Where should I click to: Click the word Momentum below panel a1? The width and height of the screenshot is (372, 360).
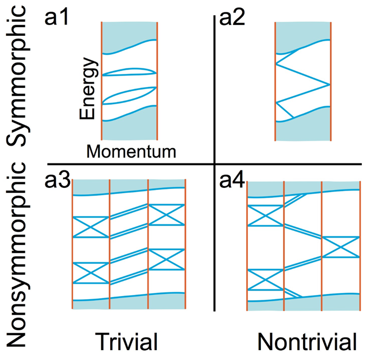tap(131, 151)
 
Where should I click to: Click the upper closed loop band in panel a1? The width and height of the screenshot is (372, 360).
tap(129, 71)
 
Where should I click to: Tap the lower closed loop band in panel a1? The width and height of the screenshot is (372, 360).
tap(129, 94)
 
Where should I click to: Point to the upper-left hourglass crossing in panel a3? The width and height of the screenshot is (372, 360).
tap(91, 226)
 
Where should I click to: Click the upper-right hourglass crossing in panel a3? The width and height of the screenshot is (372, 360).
tap(166, 214)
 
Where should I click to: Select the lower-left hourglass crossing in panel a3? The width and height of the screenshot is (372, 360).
tap(91, 273)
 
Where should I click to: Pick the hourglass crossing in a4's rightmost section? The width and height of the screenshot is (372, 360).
tap(341, 247)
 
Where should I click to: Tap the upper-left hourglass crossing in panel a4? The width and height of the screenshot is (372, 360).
tap(265, 216)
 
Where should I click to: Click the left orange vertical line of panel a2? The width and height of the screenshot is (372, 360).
tap(276, 81)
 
